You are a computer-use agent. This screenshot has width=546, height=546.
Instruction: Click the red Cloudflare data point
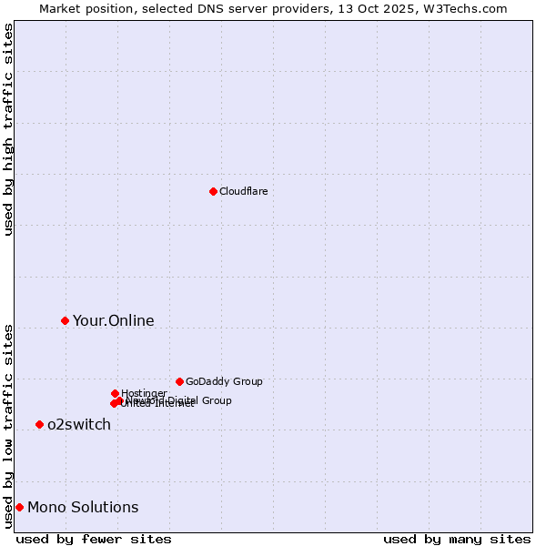[x=213, y=191]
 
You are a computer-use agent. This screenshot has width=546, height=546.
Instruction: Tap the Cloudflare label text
[x=243, y=191]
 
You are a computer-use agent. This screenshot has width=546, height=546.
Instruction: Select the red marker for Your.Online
[x=65, y=320]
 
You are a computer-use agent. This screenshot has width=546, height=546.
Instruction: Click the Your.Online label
[x=113, y=320]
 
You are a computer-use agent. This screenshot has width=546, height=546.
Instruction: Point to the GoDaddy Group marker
[x=179, y=381]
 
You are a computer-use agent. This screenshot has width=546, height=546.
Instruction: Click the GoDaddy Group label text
[x=223, y=381]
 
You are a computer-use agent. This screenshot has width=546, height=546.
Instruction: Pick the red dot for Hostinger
[x=115, y=393]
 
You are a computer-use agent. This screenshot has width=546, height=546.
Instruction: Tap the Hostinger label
[x=144, y=393]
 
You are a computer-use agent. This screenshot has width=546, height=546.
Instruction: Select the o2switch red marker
[x=39, y=424]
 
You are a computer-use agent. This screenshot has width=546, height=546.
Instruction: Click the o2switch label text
[x=78, y=424]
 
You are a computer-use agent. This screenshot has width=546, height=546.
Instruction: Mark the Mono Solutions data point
[x=19, y=507]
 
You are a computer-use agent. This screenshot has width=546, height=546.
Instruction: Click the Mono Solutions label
[x=83, y=507]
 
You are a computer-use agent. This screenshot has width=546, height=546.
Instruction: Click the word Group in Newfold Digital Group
[x=216, y=400]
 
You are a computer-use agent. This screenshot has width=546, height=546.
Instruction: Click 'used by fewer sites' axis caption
[x=94, y=539]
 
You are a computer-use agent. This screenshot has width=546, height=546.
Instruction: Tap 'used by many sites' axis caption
[x=457, y=539]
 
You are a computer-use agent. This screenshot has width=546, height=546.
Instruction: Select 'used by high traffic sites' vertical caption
[x=8, y=129]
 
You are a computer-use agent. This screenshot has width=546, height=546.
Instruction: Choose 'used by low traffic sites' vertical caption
[x=8, y=426]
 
